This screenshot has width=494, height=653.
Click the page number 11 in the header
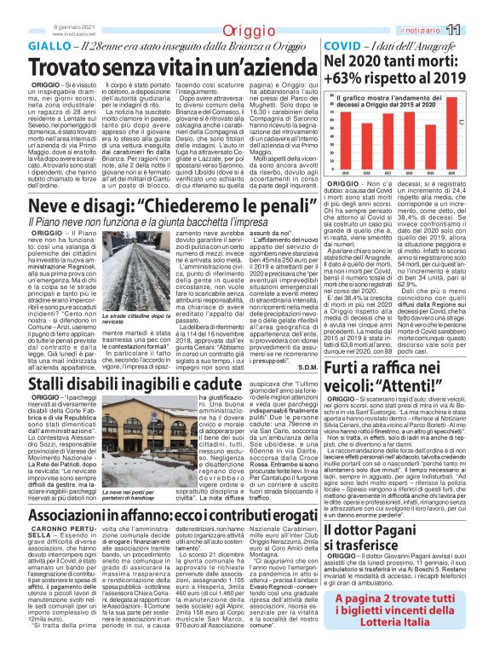pos(476,31)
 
